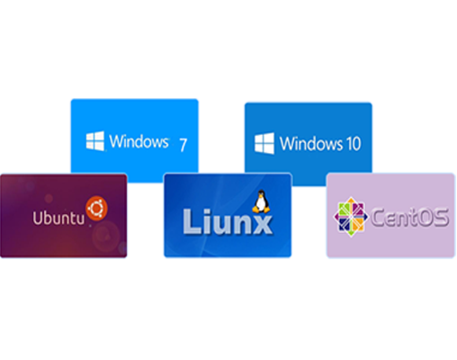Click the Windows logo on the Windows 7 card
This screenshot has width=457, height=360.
tap(95, 140)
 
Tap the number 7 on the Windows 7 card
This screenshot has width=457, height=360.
tap(184, 145)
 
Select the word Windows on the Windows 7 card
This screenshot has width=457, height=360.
tap(139, 141)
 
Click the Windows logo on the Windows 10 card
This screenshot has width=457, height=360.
tap(264, 143)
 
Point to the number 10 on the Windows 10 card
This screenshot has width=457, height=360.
tap(354, 143)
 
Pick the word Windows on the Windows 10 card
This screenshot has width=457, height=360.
tap(311, 143)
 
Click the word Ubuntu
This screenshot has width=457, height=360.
tap(58, 218)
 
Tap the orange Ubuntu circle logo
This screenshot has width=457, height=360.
tap(96, 208)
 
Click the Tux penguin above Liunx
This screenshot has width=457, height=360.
tap(261, 202)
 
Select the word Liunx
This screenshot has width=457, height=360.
tap(228, 221)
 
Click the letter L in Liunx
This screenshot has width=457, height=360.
tap(192, 221)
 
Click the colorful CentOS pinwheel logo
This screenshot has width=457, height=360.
tap(351, 217)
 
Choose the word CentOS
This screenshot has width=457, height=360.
tap(409, 218)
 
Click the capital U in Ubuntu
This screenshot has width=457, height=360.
tap(38, 218)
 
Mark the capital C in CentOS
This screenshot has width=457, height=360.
tap(378, 218)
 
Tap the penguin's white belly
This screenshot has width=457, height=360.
tap(261, 204)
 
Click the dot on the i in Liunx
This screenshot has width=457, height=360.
tap(208, 211)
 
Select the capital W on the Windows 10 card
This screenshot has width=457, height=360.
tap(288, 143)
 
